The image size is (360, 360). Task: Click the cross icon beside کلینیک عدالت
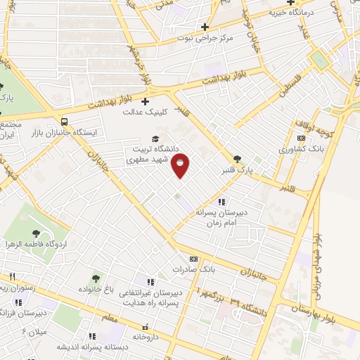click(146, 102)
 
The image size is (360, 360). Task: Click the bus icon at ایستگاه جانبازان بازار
click(65, 120)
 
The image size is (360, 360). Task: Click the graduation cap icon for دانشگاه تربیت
click(155, 139)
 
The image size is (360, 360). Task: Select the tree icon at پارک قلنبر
click(237, 159)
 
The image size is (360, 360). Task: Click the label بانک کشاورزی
click(299, 149)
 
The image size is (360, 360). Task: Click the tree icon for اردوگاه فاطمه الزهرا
click(36, 233)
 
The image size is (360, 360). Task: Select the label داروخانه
click(146, 337)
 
